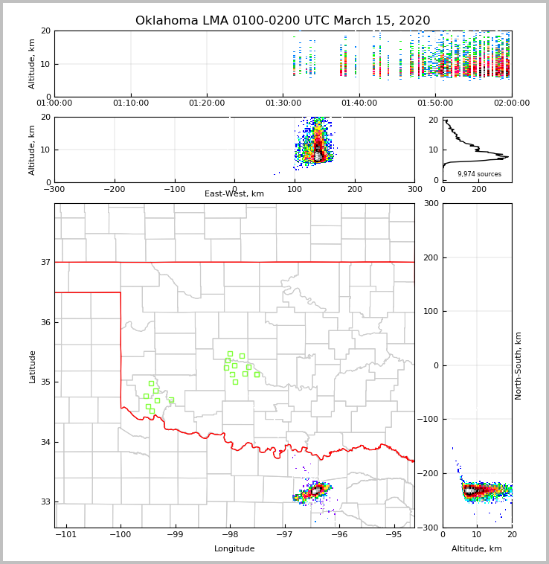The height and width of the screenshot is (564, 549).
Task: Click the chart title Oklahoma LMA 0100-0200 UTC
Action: point(283,21)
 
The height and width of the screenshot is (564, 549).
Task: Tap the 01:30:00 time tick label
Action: point(283,103)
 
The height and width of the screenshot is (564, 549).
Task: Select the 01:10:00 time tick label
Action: point(131,103)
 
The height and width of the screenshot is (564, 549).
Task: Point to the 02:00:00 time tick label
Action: point(512,103)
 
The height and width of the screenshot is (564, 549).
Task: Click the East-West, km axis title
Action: point(234,194)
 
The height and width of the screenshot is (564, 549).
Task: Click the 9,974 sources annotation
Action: point(479,174)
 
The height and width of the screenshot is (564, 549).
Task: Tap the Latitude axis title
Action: point(33,366)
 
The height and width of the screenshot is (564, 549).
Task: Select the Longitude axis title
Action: point(234,549)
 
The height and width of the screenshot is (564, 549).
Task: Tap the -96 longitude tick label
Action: point(339,535)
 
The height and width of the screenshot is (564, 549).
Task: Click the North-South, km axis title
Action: point(518,365)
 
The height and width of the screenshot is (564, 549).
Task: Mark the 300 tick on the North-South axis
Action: point(429,204)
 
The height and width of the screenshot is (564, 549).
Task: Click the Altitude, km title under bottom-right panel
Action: point(477,549)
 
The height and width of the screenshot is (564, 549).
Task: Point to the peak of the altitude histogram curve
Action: point(508,157)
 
